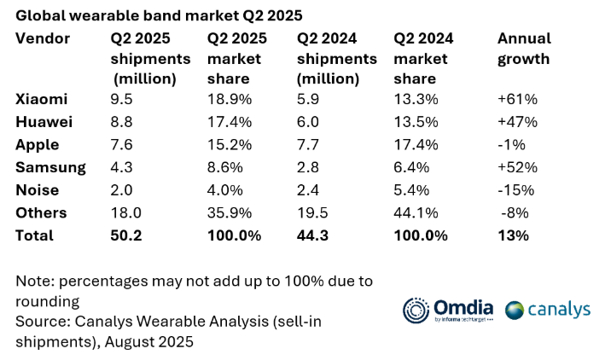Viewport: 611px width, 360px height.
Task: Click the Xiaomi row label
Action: point(41,99)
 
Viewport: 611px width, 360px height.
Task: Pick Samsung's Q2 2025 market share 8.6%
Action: point(224,167)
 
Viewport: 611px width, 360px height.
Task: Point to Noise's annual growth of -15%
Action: point(516,190)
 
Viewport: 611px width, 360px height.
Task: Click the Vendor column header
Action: point(43,39)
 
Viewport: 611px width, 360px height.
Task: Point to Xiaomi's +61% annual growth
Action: point(517,99)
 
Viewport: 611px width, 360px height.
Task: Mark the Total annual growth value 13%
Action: point(513,235)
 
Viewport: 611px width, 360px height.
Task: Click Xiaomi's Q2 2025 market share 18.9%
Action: point(228,99)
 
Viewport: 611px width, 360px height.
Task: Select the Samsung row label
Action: point(50,167)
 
